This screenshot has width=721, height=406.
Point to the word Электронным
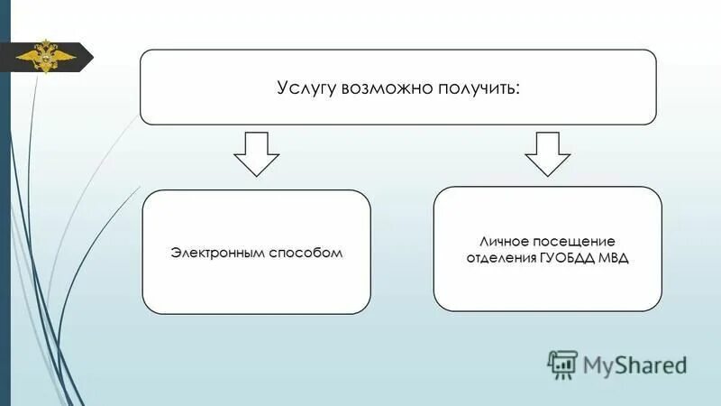218,252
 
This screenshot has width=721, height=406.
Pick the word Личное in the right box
502,242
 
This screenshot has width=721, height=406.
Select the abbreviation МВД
615,259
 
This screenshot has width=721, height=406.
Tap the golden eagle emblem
42,58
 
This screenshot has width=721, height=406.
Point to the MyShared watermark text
634,364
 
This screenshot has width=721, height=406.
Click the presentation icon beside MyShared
561,363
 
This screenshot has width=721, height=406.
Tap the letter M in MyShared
594,364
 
